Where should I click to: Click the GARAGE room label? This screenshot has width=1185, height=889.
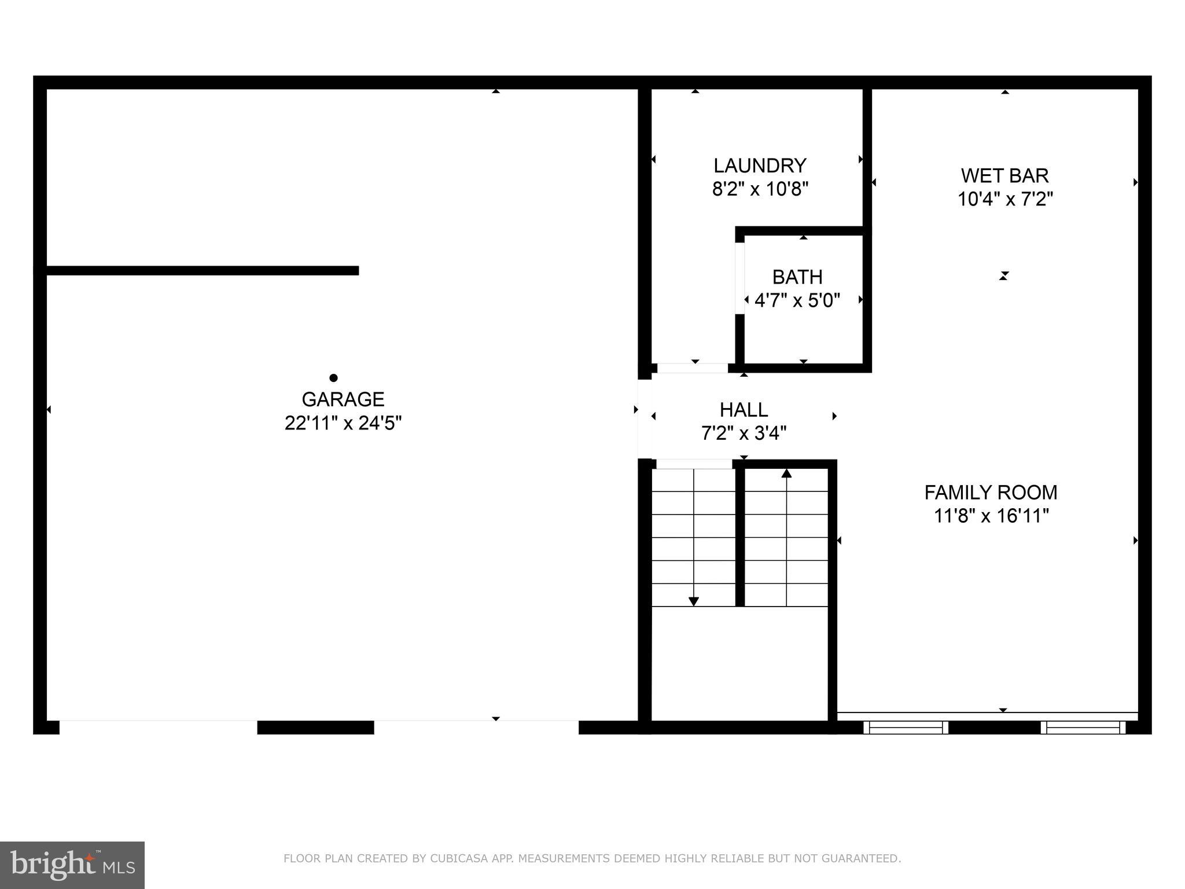pyautogui.click(x=343, y=399)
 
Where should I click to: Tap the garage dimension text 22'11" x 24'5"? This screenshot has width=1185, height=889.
pyautogui.click(x=343, y=423)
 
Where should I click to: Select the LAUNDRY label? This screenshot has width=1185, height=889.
pyautogui.click(x=760, y=166)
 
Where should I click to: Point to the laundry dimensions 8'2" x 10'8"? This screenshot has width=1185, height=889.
pyautogui.click(x=760, y=189)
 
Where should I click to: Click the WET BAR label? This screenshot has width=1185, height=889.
pyautogui.click(x=1004, y=175)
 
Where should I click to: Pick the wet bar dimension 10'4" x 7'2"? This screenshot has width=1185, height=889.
pyautogui.click(x=1004, y=199)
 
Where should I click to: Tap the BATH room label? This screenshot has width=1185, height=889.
pyautogui.click(x=797, y=277)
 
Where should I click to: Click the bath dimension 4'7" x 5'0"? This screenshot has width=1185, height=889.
pyautogui.click(x=797, y=300)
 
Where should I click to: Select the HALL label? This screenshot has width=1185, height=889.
pyautogui.click(x=744, y=410)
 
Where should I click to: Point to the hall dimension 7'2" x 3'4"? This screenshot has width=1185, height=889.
pyautogui.click(x=744, y=433)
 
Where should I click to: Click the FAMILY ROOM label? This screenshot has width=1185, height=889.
pyautogui.click(x=991, y=493)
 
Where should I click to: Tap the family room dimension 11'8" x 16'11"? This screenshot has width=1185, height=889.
pyautogui.click(x=991, y=516)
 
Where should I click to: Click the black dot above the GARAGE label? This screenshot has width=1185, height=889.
pyautogui.click(x=333, y=378)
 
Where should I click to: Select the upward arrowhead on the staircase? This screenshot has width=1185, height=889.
pyautogui.click(x=786, y=473)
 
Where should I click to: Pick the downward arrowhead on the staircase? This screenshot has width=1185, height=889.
pyautogui.click(x=694, y=601)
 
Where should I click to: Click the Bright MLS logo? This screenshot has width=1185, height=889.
pyautogui.click(x=72, y=865)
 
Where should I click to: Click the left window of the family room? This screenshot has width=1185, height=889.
pyautogui.click(x=906, y=728)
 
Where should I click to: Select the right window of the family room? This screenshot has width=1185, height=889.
pyautogui.click(x=1083, y=728)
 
